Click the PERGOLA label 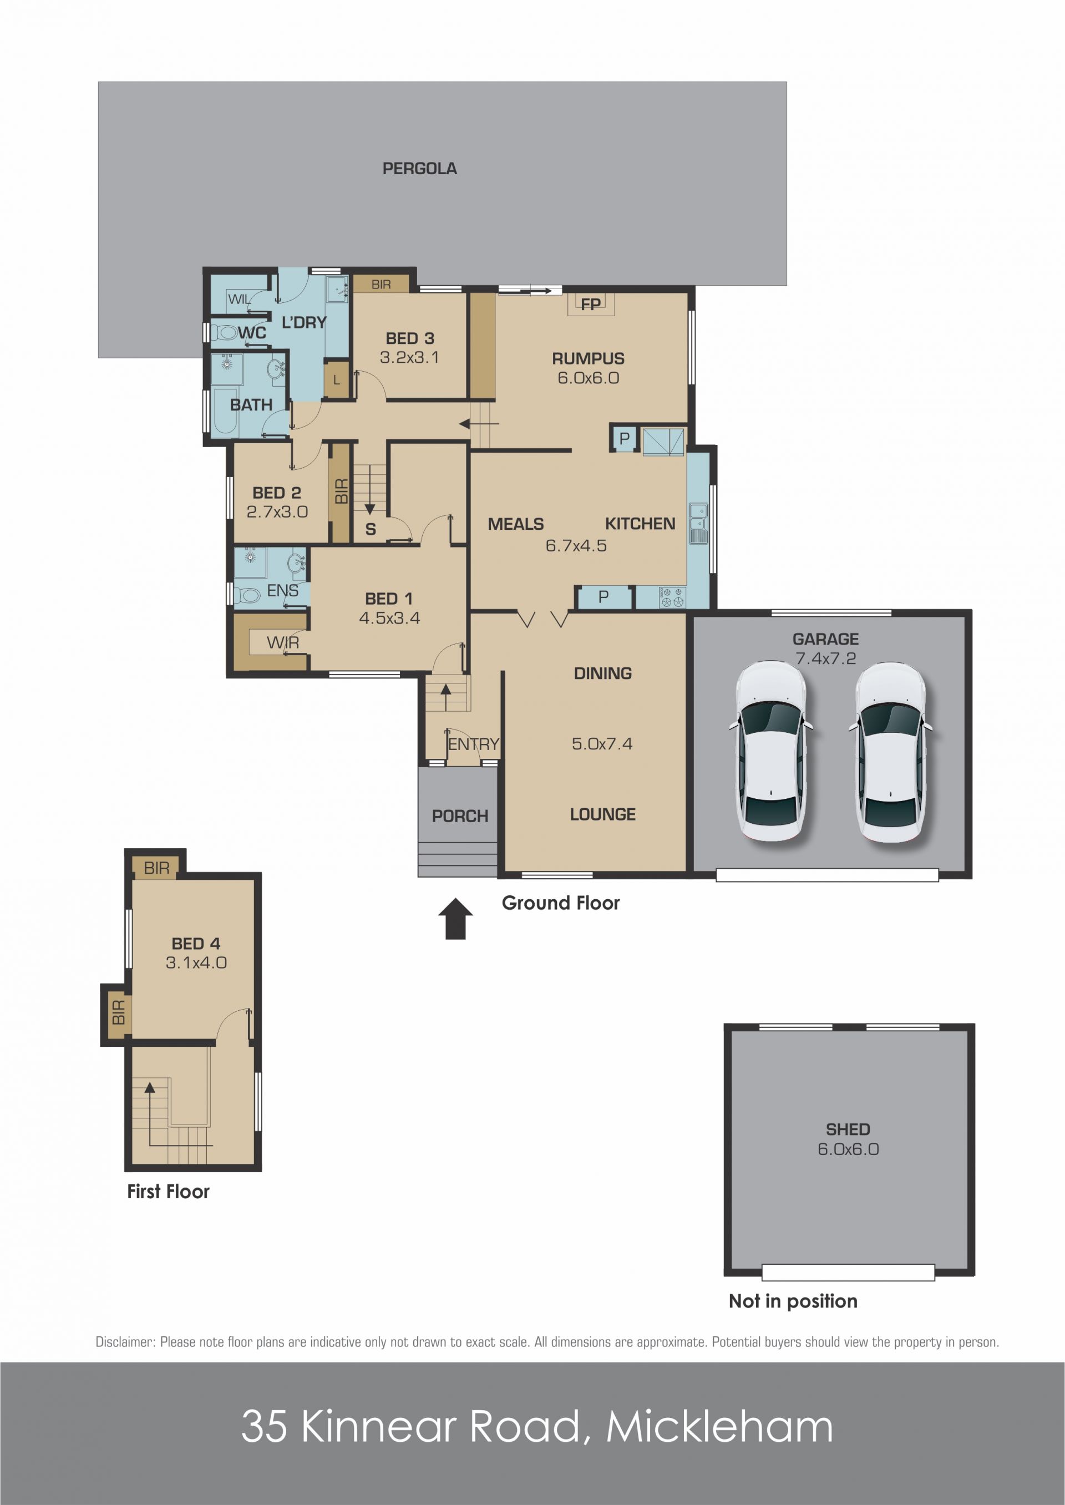click(420, 169)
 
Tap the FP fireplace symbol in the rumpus click(591, 305)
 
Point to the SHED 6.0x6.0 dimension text click(848, 1149)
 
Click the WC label click(252, 333)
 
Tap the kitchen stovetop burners click(672, 597)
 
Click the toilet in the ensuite click(247, 595)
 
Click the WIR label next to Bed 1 click(283, 642)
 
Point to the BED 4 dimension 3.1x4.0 click(196, 962)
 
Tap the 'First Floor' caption click(169, 1192)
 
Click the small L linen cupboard click(337, 379)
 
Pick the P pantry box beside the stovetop click(604, 597)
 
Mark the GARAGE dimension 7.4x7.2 click(825, 658)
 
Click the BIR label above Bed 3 click(381, 285)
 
